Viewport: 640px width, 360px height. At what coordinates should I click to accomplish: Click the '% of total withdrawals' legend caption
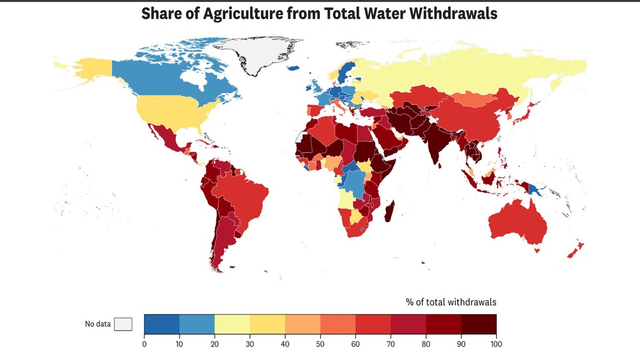coord(451,302)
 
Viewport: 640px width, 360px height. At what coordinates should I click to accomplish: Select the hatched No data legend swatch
coord(123,324)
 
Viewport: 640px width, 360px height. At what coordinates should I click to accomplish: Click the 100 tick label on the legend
coord(496,344)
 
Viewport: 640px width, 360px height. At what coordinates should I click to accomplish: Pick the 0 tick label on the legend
coord(145,344)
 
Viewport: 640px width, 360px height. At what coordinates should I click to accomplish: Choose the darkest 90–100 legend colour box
coord(478,324)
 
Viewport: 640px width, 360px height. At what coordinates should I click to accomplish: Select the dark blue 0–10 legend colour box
coord(162,324)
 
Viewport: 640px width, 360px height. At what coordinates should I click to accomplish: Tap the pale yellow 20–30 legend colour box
coord(232,324)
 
